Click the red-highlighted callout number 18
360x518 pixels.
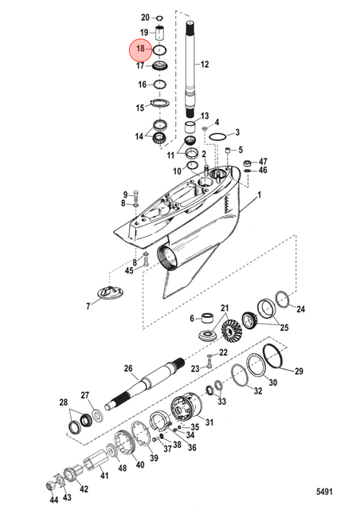pos(140,49)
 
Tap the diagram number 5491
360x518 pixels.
pos(324,492)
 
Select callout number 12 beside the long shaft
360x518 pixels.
pos(205,64)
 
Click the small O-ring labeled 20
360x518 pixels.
pos(159,18)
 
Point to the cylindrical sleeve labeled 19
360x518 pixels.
pos(160,33)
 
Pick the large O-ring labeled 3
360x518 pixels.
pos(217,137)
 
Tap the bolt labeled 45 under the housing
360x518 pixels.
pos(146,262)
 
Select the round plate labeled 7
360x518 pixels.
pos(111,293)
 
